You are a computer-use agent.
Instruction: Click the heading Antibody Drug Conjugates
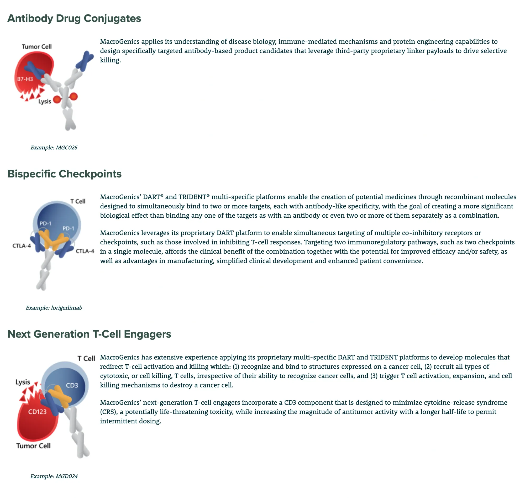tap(74, 19)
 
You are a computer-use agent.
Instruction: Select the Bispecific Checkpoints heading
tap(65, 174)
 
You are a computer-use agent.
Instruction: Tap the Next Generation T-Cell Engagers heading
tap(90, 334)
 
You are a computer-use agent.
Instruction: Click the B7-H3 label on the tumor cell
tap(25, 79)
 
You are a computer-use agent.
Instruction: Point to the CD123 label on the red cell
tap(38, 412)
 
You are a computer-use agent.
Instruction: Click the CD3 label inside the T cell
tap(72, 385)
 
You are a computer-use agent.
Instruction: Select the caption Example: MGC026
tap(54, 148)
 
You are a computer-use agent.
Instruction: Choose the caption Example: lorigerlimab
tap(54, 308)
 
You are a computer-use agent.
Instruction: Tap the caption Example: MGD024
tap(54, 476)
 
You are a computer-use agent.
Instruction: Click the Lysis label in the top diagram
tap(45, 101)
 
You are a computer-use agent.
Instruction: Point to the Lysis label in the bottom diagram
tap(23, 382)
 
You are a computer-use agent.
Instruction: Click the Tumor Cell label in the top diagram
tap(37, 47)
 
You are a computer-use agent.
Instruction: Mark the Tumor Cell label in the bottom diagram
tap(33, 446)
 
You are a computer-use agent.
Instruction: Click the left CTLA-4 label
tap(22, 246)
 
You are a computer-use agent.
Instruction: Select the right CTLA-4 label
tap(85, 251)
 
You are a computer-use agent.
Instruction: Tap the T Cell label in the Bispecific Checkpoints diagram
tap(78, 201)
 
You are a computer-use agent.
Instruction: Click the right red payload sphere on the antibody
tap(73, 97)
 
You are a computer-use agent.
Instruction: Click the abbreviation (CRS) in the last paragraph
tap(109, 412)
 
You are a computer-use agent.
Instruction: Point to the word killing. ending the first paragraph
tap(111, 60)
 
